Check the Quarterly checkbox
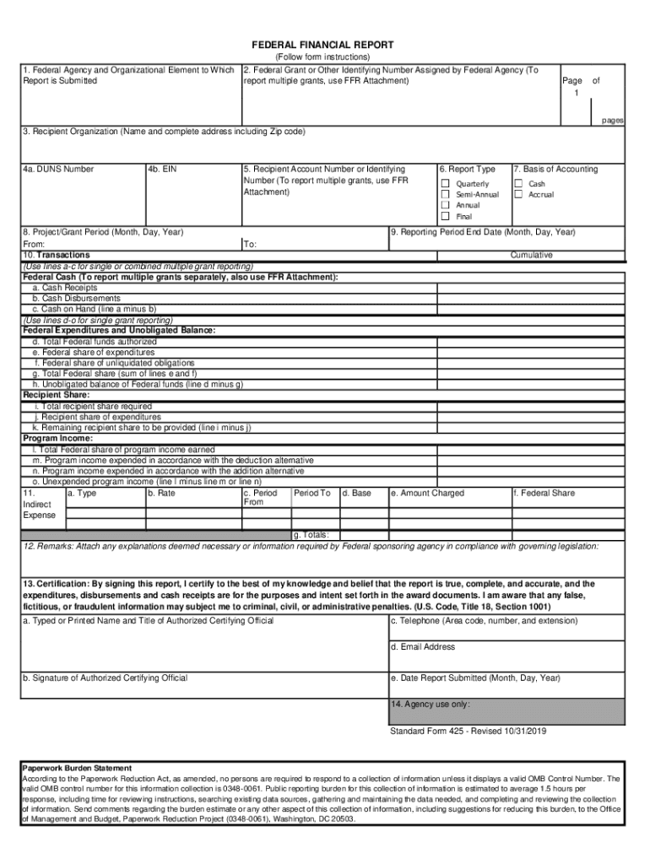(x=445, y=184)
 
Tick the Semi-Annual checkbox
(x=445, y=195)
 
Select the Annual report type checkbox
(x=445, y=206)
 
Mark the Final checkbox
(x=445, y=217)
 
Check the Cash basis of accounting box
(x=518, y=184)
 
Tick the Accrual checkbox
(x=518, y=195)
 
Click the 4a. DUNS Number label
(x=58, y=170)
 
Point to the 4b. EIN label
(x=162, y=170)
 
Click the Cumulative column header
(x=531, y=255)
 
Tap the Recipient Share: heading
(x=55, y=395)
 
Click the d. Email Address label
(x=423, y=647)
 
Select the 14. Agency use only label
(x=431, y=704)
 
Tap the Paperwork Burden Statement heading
(x=77, y=769)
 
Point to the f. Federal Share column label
(x=544, y=494)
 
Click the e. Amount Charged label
(x=427, y=494)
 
